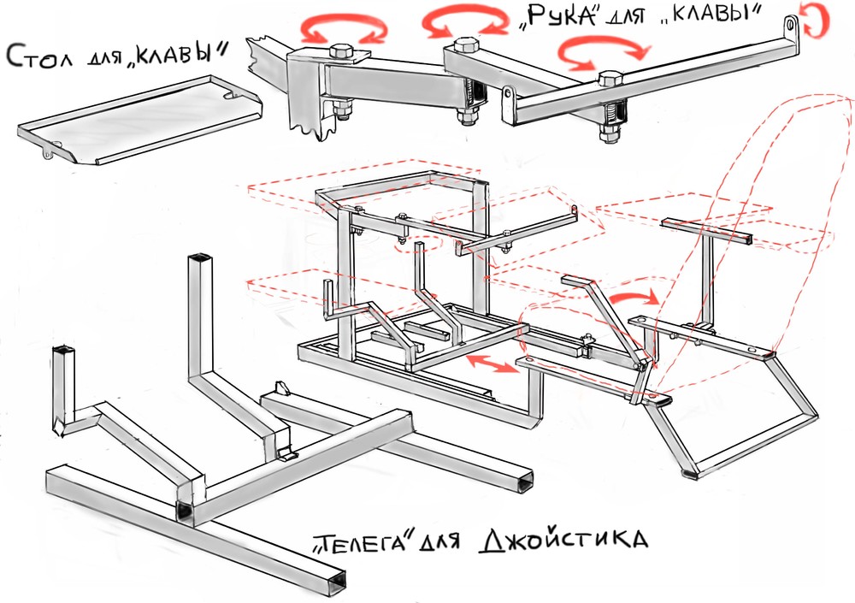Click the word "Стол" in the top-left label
[38, 56]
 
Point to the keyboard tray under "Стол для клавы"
[139, 120]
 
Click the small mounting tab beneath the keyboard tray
[49, 151]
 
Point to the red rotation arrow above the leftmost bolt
[345, 23]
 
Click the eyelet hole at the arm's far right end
[790, 25]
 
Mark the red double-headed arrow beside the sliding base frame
[492, 364]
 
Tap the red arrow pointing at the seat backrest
[634, 298]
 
